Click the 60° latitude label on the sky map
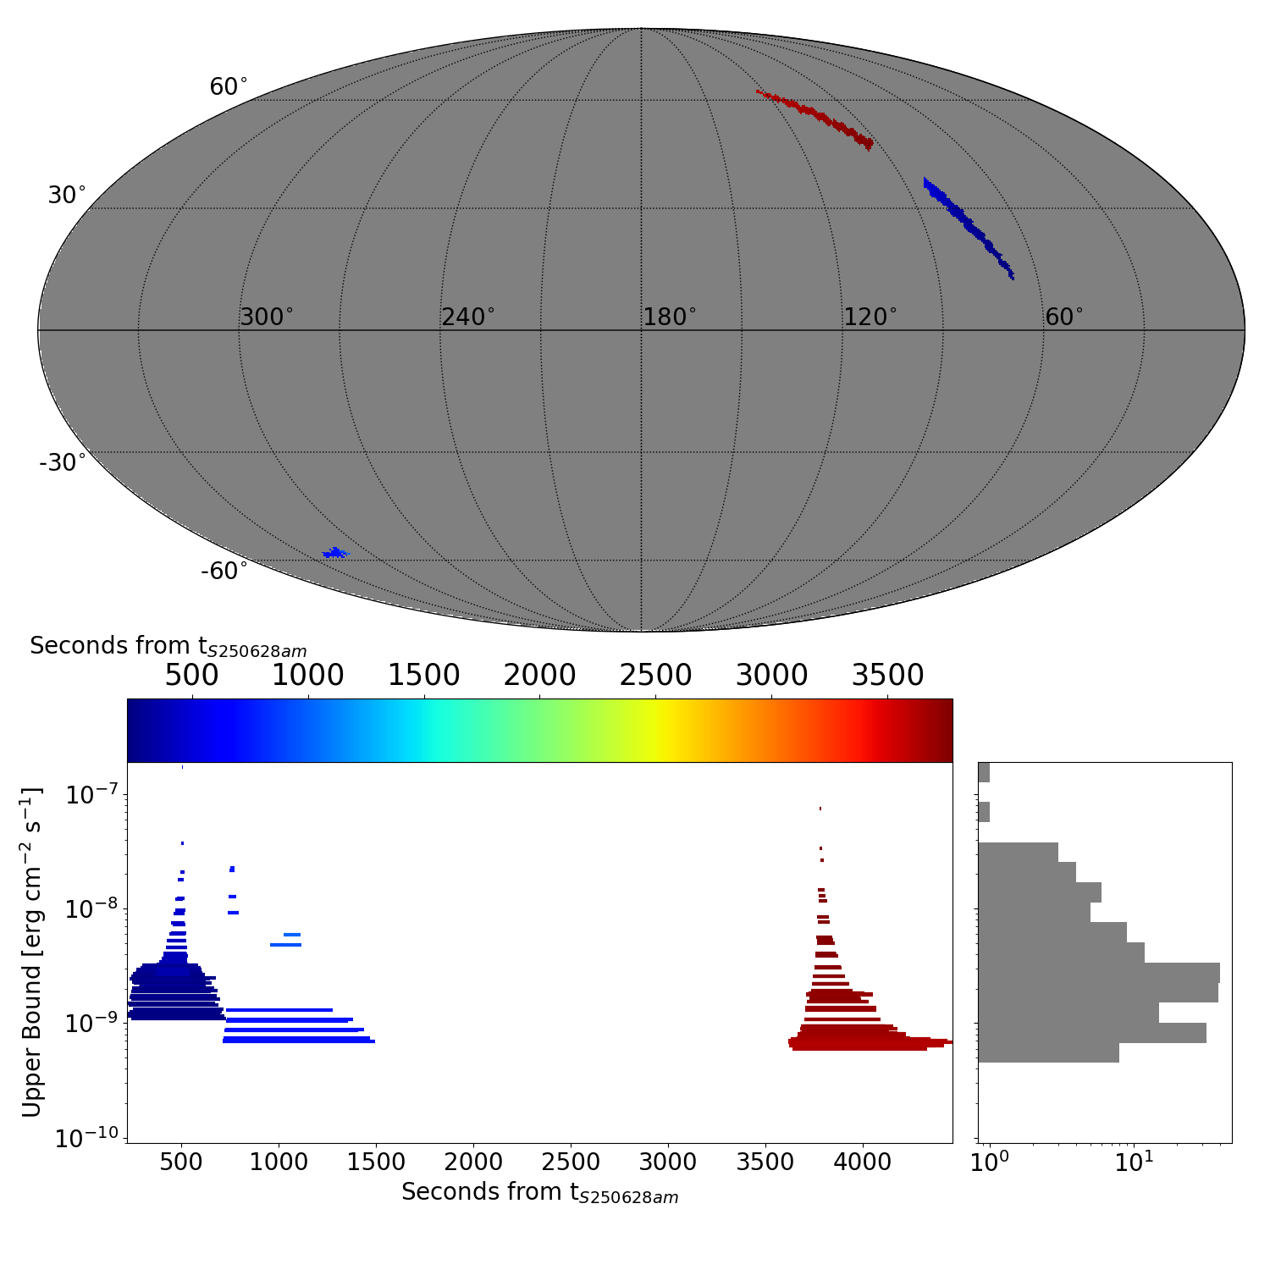point(229,87)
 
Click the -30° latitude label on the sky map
point(63,463)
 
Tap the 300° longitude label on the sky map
point(267,317)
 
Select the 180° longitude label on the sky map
point(670,317)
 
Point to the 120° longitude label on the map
point(870,317)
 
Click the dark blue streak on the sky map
point(967,224)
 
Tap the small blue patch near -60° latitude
point(335,554)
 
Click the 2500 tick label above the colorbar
point(655,676)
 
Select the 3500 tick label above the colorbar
point(887,676)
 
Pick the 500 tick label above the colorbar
point(192,676)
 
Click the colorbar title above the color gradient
point(168,647)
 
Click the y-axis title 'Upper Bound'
point(32,952)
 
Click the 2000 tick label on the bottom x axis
point(473,1162)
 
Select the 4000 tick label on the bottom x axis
point(863,1162)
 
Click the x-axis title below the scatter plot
point(539,1193)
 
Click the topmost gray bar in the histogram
point(984,772)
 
